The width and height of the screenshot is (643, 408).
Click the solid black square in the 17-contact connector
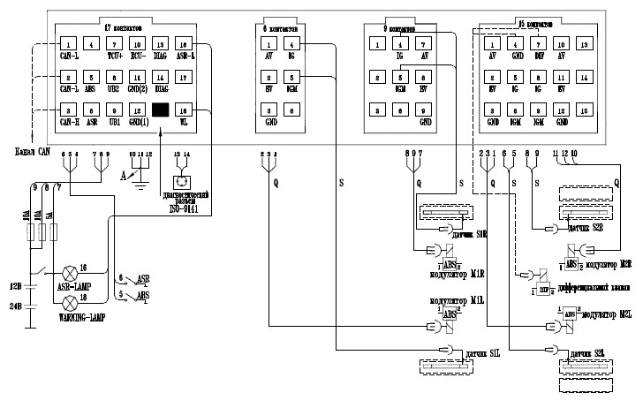161,110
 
